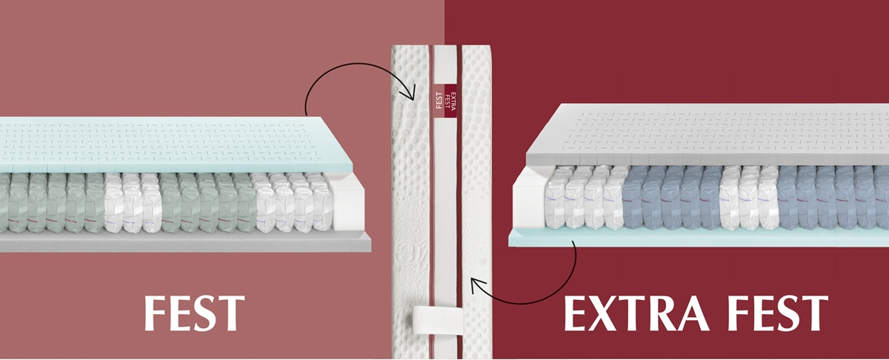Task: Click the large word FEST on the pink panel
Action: click(194, 313)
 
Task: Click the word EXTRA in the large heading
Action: click(636, 313)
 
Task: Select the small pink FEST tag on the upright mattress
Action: click(439, 101)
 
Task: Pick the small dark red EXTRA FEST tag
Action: click(450, 101)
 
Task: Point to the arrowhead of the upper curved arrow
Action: click(410, 93)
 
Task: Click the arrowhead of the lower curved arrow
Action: click(477, 285)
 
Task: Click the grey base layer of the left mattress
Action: click(185, 242)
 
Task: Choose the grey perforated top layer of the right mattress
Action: click(707, 135)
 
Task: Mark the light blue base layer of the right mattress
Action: click(699, 237)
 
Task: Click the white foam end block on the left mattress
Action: click(348, 204)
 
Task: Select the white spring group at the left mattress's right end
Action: click(293, 202)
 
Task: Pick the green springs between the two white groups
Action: click(209, 203)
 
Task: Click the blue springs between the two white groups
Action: click(673, 197)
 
